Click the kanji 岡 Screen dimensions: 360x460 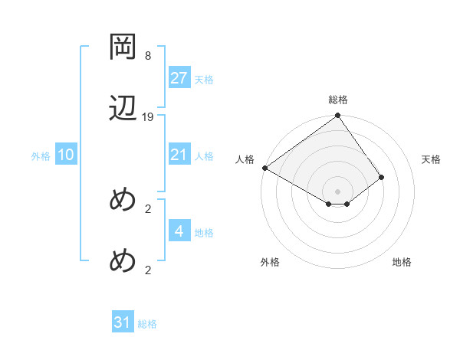123,47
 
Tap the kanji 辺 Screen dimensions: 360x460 123,108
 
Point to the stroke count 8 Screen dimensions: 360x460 148,56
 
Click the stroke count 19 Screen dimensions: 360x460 148,117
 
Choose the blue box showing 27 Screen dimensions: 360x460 179,78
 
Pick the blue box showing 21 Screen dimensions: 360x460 179,155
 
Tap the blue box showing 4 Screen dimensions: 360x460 179,231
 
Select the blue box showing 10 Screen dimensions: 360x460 66,155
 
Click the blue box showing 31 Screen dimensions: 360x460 123,322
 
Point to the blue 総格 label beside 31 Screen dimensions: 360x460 147,324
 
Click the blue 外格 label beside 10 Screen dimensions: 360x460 41,156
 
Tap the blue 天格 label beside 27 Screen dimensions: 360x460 204,80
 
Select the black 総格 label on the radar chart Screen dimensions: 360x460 338,100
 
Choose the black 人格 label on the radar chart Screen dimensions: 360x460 245,159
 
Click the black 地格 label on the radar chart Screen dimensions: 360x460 402,263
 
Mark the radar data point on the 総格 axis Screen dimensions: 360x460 338,116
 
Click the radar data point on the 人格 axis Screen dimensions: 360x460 264,168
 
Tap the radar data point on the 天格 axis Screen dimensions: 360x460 381,178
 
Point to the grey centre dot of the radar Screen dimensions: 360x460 338,191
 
